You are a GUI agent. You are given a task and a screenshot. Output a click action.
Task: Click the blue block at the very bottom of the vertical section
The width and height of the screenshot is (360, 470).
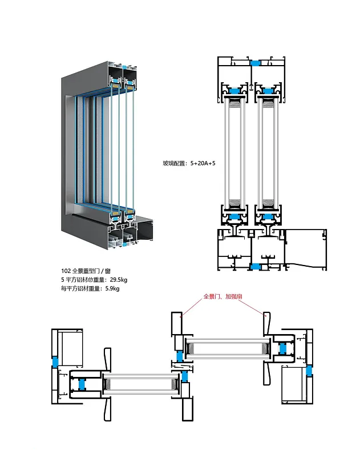coord(256,267)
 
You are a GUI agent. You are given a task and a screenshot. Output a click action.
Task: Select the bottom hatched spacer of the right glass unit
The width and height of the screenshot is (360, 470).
coord(267,203)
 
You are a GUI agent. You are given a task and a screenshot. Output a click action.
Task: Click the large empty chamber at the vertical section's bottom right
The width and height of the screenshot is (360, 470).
coord(305,246)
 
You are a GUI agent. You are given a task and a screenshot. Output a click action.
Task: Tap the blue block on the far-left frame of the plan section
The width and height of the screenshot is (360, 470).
coord(55,361)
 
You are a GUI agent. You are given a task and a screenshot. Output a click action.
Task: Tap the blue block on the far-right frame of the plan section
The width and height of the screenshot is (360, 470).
coord(309,370)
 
